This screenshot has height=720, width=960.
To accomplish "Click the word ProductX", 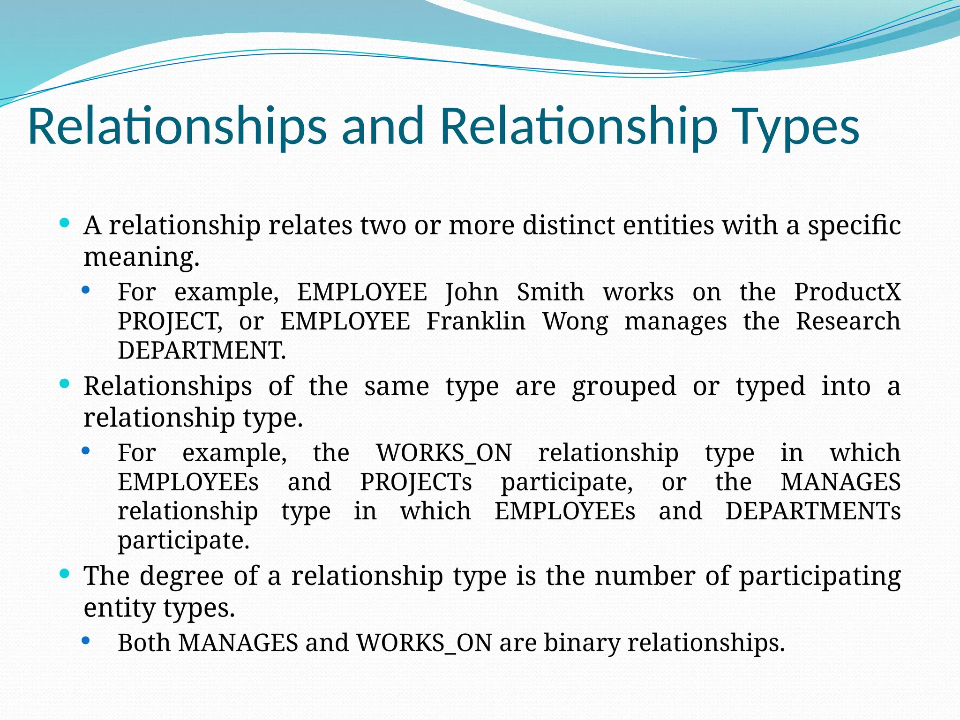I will (847, 292).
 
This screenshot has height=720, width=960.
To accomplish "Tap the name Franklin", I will (476, 322).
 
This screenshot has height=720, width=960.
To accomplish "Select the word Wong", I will (575, 322).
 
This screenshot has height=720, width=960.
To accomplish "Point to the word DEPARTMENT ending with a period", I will (202, 351).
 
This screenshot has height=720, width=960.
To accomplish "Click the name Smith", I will (550, 292).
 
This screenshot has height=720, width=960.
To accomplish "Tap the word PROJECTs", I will (416, 482).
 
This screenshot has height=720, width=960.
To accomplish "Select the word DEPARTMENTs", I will (813, 511).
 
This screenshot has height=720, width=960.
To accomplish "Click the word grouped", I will (624, 386).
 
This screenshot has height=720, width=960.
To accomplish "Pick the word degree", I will (181, 576).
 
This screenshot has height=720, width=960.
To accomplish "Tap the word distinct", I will (569, 225).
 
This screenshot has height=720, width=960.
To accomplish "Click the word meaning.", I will (141, 257).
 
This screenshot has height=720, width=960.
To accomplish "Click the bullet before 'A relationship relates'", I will (65, 223).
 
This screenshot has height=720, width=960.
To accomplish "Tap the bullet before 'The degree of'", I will (65, 574).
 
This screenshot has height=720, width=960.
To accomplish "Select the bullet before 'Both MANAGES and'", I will (85, 640).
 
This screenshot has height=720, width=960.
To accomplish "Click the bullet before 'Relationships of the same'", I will (65, 384).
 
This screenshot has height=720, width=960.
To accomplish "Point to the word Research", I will (848, 322).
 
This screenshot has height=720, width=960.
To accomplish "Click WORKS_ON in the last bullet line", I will (424, 643).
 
